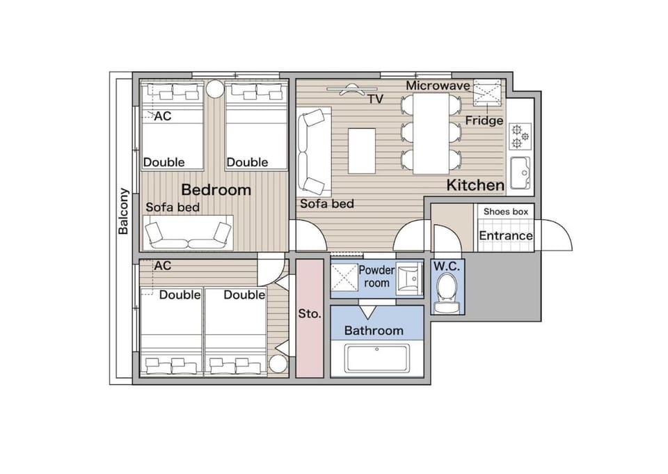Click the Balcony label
123,212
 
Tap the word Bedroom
216,190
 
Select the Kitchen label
475,185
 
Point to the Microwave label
438,86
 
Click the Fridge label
484,120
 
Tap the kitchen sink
520,173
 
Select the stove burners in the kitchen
520,136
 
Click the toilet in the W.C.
447,293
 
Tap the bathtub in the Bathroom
377,358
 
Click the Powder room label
376,276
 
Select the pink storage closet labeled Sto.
310,318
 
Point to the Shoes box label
506,212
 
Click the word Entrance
506,236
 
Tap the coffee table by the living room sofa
362,151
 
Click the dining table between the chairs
431,134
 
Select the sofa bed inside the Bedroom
188,232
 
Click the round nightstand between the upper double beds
215,89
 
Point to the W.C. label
447,267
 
